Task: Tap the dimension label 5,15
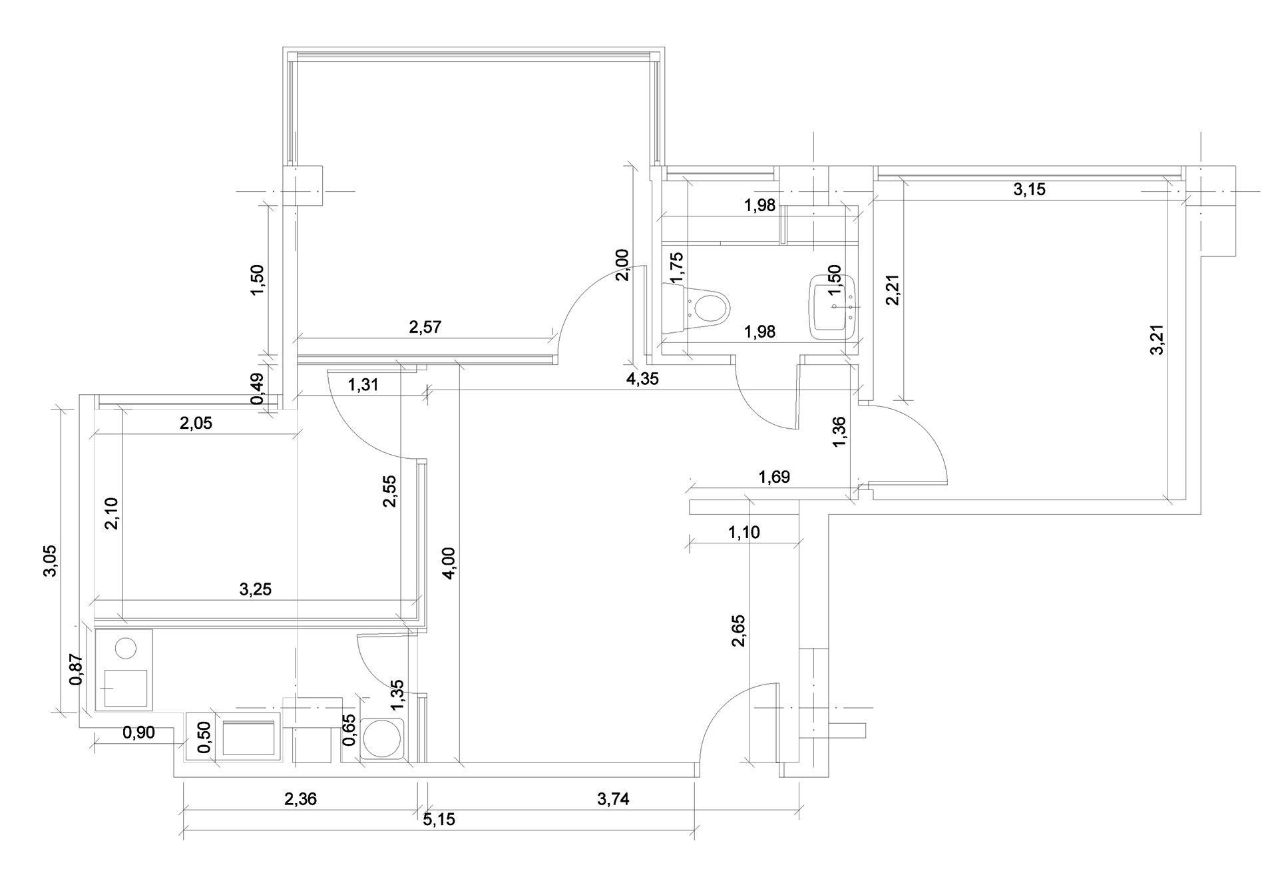439,820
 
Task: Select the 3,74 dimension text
612,799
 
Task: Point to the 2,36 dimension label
300,799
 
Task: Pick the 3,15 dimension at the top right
1029,190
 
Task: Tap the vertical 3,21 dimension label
1158,339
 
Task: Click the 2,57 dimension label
425,327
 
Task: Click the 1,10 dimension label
744,533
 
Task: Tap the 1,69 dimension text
774,477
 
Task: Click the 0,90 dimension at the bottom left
138,733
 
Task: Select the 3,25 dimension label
255,589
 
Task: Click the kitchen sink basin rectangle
248,737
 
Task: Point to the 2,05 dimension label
196,423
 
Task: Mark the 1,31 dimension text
363,384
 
